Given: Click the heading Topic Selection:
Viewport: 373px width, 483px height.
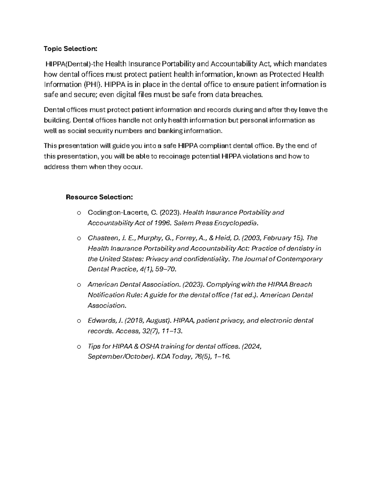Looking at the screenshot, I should tap(70, 49).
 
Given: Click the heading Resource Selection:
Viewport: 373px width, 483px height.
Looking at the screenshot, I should tap(99, 197).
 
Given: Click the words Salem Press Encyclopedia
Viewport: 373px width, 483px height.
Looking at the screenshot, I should tap(216, 223).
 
